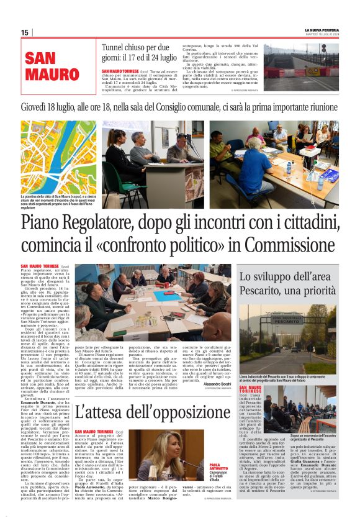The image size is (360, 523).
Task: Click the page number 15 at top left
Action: tap(25, 33)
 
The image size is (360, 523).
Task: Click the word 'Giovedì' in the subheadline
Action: tap(38, 106)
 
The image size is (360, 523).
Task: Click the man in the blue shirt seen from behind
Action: tap(255, 168)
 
